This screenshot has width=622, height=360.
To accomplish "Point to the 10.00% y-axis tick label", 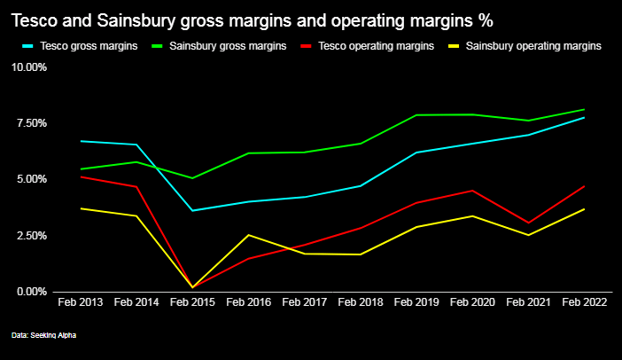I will point(30,67).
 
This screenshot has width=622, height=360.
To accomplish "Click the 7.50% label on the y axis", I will point(32,123).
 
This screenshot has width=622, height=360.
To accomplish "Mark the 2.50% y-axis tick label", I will point(32,236).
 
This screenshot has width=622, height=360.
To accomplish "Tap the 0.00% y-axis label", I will point(32,292).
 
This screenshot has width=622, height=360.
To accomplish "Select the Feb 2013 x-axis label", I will point(80,302).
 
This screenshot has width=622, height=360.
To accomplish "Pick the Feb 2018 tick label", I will point(360,302).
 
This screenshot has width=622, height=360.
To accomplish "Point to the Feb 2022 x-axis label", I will point(584,302).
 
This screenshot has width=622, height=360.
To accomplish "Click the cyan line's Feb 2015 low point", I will point(192,210).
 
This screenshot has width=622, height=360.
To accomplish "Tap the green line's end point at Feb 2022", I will point(584,110).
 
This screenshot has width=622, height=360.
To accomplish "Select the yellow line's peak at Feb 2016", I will point(248,235).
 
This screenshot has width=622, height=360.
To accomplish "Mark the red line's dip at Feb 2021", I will point(528,223).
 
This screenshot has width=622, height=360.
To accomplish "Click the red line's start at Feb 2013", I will point(80,176).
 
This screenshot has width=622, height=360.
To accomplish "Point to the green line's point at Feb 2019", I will point(416,115).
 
